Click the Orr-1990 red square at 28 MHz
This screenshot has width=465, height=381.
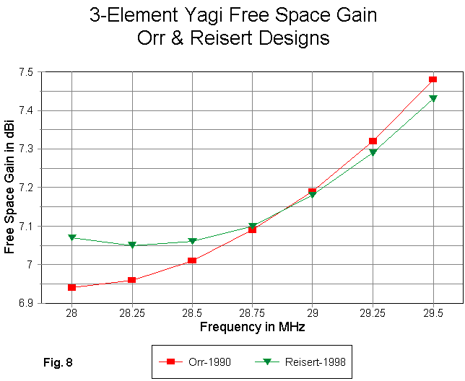(72, 287)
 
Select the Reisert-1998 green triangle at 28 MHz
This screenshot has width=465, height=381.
(72, 237)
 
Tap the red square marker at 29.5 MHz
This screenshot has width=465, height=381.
(433, 79)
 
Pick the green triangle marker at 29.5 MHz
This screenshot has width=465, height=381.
(433, 98)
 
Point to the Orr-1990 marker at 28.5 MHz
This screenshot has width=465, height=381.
(192, 260)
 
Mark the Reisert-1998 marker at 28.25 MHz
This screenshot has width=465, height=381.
(132, 245)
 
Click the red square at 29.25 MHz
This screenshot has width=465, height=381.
(373, 141)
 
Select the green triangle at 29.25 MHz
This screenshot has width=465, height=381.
(373, 152)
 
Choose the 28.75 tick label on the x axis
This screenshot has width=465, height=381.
(252, 315)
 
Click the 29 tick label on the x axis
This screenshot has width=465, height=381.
(312, 315)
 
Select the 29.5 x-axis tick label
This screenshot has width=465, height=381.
(433, 315)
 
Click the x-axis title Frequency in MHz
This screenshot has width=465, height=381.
(252, 328)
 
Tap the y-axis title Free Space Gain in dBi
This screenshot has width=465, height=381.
(9, 188)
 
